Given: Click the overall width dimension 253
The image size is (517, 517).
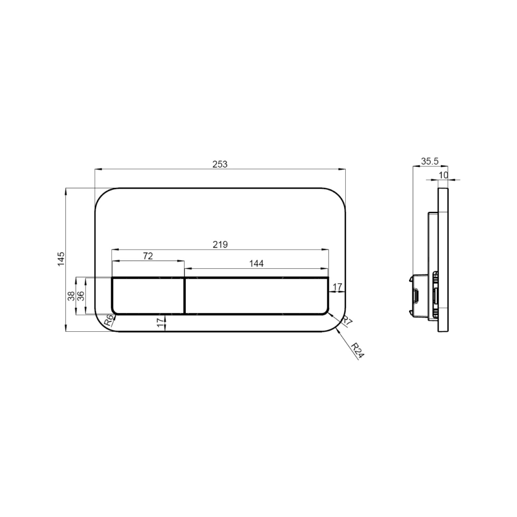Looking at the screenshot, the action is pos(220,164).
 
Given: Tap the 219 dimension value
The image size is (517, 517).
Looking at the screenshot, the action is pos(220,244).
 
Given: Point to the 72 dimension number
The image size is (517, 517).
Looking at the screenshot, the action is pos(148,256).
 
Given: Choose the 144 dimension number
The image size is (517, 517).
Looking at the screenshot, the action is pos(256,263).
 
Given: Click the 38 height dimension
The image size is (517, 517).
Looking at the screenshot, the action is pos(72,296).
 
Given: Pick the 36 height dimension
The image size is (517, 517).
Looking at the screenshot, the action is pos(81,296).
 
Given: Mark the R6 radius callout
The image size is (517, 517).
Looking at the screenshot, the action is pos(108,321).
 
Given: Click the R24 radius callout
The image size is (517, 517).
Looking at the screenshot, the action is pos(357,350).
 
